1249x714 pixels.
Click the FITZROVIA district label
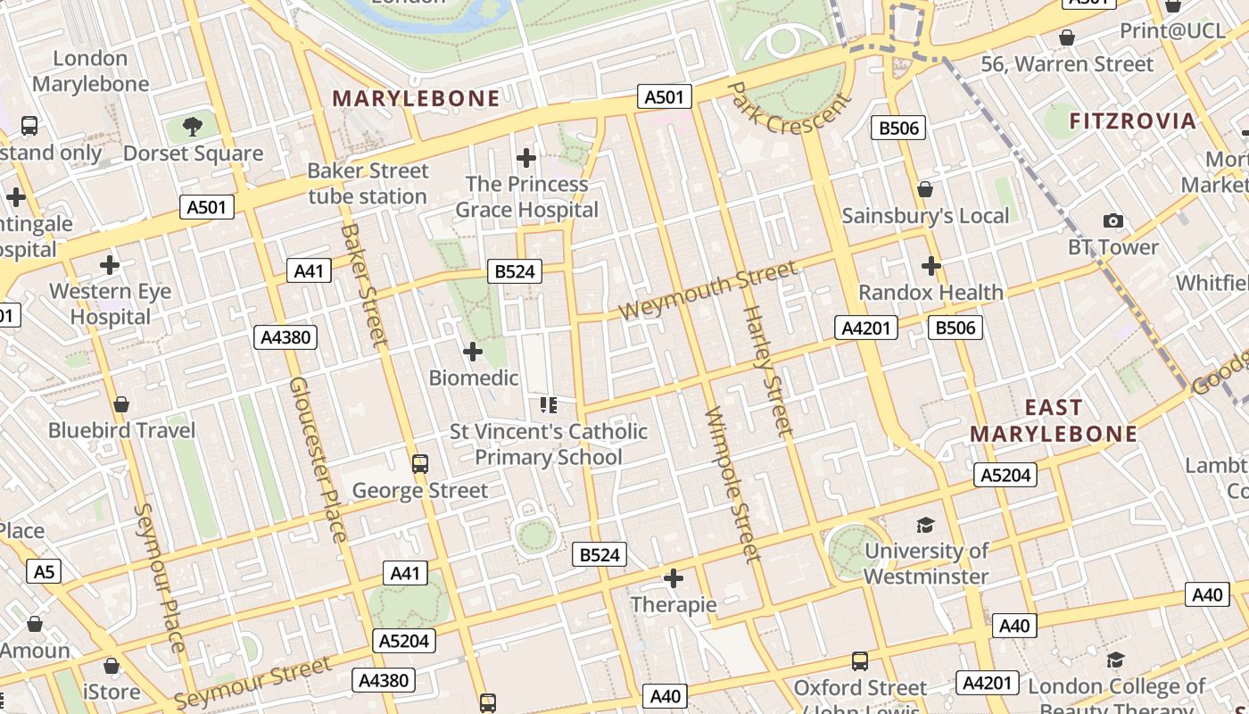coord(1132,121)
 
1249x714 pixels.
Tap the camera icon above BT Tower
coord(1113,220)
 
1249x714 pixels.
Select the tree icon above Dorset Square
coord(192,127)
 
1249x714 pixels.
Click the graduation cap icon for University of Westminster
coord(925,525)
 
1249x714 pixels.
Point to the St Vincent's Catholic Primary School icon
coord(548,406)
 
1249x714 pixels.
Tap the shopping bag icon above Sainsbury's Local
coord(925,189)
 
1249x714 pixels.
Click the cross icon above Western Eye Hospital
coord(110,265)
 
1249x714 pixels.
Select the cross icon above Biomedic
coord(473,352)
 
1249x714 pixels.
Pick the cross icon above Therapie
coord(673,579)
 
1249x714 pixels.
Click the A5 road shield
coord(45,571)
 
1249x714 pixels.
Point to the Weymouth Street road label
coord(707,291)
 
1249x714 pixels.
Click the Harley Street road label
coord(768,371)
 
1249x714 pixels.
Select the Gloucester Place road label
coord(318,459)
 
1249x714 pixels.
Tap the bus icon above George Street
coord(419,464)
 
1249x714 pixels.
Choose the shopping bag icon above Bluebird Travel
coord(121,405)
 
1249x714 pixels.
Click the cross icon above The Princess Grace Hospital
coord(526,158)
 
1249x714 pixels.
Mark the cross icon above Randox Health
coord(931,266)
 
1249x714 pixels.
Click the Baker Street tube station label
coord(368,183)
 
